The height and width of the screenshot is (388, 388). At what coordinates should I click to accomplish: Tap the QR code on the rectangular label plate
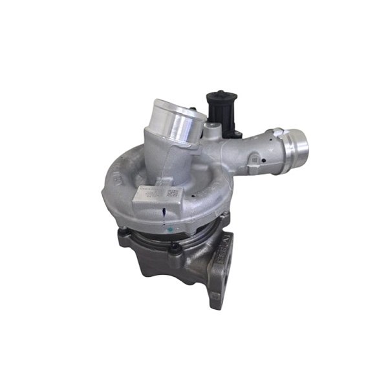click(x=171, y=193)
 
